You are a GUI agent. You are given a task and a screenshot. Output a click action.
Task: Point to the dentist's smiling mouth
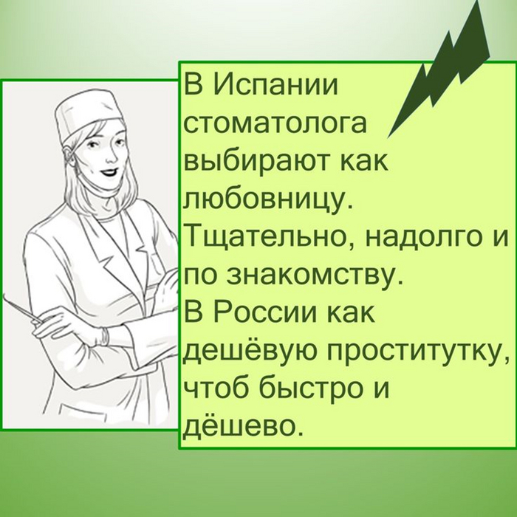109,172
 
